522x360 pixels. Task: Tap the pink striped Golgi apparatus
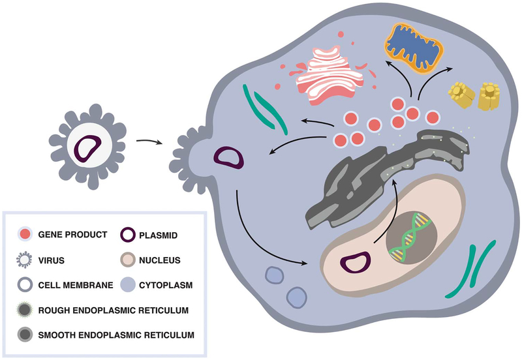click(x=324, y=74)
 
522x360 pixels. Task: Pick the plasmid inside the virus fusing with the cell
click(x=230, y=158)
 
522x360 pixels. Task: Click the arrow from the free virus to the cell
click(x=149, y=140)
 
